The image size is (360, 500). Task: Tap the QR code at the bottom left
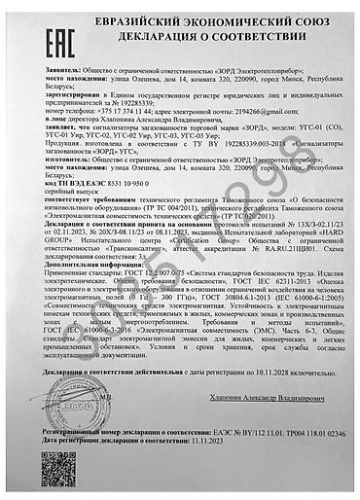[x=58, y=471]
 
